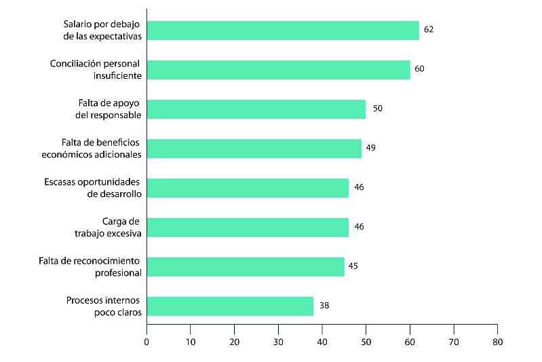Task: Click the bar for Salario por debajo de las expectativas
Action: pyautogui.click(x=283, y=31)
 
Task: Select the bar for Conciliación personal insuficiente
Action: pyautogui.click(x=279, y=70)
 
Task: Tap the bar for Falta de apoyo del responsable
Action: pyautogui.click(x=256, y=109)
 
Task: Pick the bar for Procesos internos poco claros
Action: pyautogui.click(x=230, y=306)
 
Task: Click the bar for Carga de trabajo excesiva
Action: pyautogui.click(x=248, y=228)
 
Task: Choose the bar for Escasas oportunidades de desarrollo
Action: pyautogui.click(x=248, y=188)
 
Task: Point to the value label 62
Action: pyautogui.click(x=429, y=30)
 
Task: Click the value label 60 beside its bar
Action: pyautogui.click(x=419, y=69)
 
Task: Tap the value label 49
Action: pyautogui.click(x=371, y=148)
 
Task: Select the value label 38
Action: pyautogui.click(x=324, y=305)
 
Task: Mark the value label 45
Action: pyautogui.click(x=353, y=266)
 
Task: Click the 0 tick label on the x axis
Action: pyautogui.click(x=147, y=342)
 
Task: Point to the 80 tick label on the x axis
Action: pyautogui.click(x=498, y=342)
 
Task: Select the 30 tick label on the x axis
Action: pyautogui.click(x=278, y=342)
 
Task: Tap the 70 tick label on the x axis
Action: pyautogui.click(x=454, y=342)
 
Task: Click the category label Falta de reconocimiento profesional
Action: pyautogui.click(x=90, y=267)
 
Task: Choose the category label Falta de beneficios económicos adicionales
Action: pyautogui.click(x=92, y=149)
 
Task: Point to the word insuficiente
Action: pyautogui.click(x=117, y=76)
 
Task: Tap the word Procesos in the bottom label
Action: pyautogui.click(x=83, y=300)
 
